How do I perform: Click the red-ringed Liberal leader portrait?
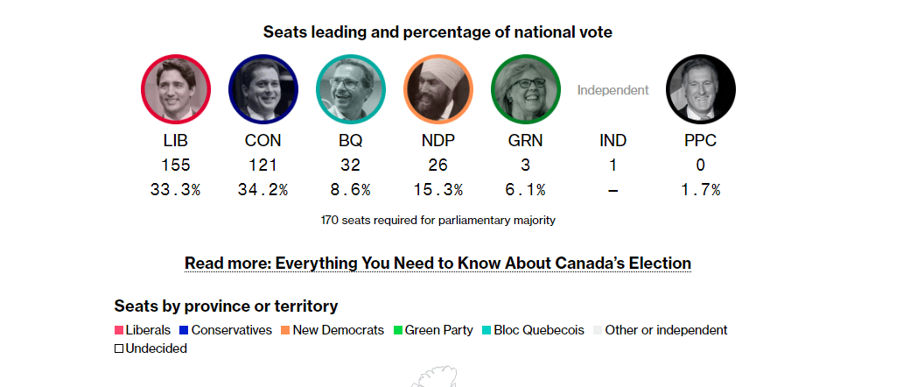[x=176, y=89]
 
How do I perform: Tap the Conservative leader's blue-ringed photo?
[x=263, y=89]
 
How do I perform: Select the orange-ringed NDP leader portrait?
[x=438, y=89]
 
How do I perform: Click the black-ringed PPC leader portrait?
[x=701, y=89]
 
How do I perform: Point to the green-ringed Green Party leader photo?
[x=526, y=89]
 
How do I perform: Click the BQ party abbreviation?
[x=350, y=140]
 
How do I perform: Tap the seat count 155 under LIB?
[x=176, y=165]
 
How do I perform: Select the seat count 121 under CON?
[x=262, y=165]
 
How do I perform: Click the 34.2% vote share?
[x=262, y=189]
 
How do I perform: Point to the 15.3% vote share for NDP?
[x=437, y=189]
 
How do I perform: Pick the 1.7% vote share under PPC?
[x=700, y=189]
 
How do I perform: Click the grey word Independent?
[x=612, y=89]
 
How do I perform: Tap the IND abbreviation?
[x=612, y=140]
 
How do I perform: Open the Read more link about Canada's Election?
[x=437, y=263]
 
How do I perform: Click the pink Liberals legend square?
[x=119, y=330]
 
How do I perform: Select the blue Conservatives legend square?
[x=184, y=330]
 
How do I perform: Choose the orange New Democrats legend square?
[x=285, y=330]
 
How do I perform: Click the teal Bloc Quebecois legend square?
[x=486, y=330]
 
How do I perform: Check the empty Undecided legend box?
[x=119, y=348]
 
